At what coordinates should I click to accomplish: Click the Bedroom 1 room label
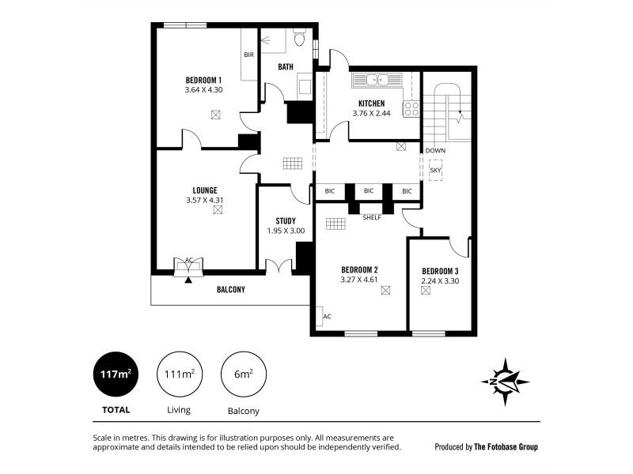(203, 80)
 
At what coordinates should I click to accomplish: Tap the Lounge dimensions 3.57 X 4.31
(204, 200)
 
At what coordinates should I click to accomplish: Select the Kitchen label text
(371, 103)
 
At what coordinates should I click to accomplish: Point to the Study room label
(286, 220)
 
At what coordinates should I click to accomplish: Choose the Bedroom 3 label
(442, 269)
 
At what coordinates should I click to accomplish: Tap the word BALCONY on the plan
(231, 290)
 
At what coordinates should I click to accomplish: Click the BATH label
(286, 67)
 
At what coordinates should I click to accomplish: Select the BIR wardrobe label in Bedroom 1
(248, 55)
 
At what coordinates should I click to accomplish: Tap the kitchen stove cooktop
(411, 109)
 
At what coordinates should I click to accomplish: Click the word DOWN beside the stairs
(435, 150)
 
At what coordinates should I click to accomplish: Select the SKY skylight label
(435, 169)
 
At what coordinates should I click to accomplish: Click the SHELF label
(371, 217)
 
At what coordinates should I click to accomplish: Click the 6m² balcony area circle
(243, 374)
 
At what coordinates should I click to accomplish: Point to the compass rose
(505, 382)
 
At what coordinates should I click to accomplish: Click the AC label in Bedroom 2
(327, 316)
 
